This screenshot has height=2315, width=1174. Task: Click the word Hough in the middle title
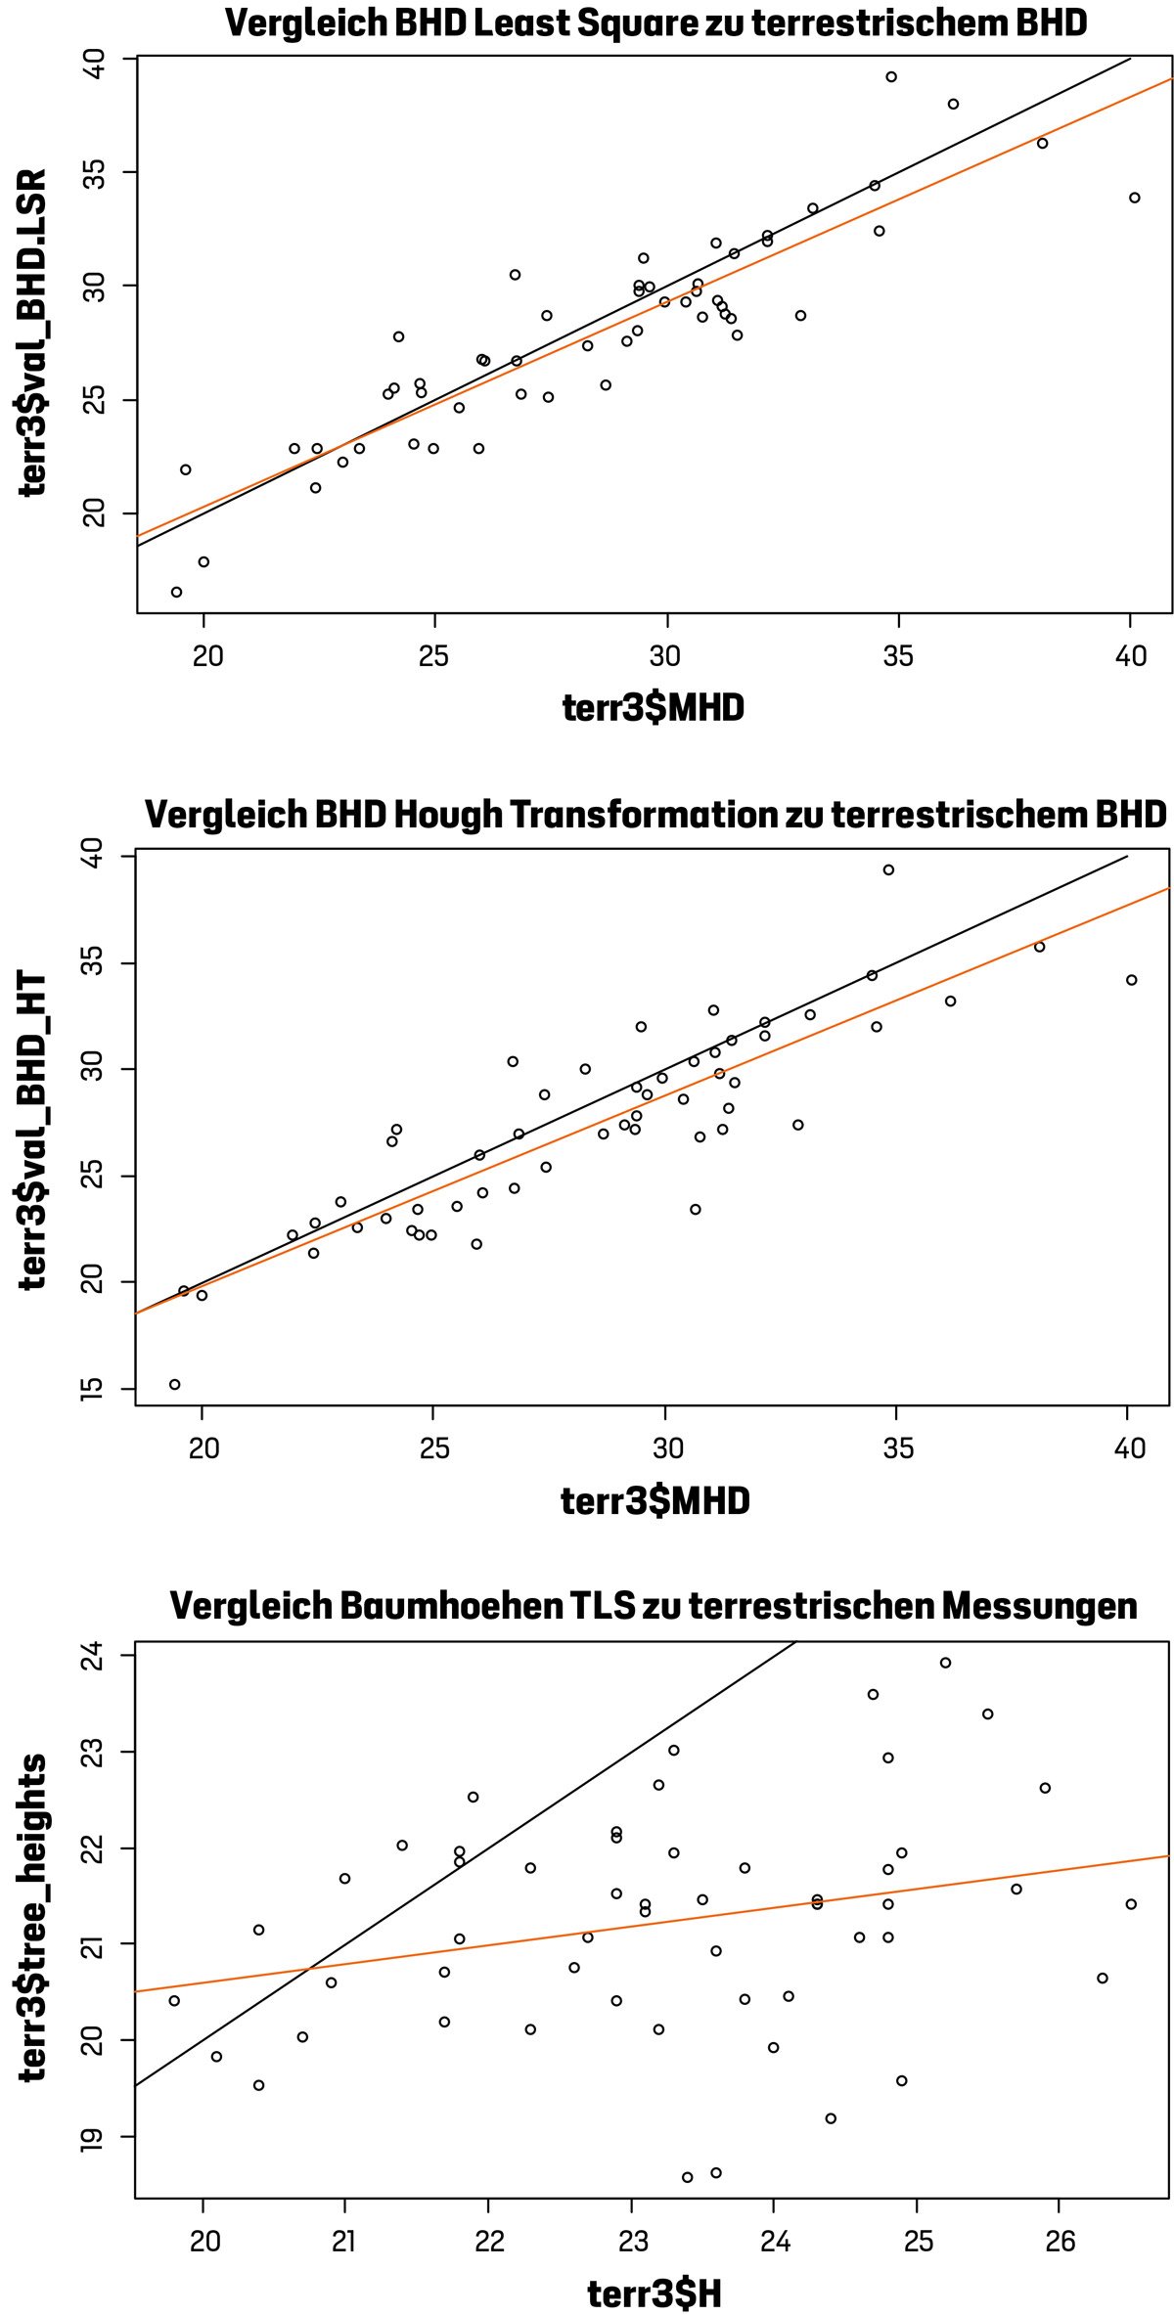447,814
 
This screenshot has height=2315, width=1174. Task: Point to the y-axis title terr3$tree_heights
33,1918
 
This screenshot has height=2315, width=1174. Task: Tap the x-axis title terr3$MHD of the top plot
653,707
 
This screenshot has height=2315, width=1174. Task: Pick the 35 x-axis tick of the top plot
897,655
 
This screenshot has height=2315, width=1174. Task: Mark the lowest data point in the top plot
176,592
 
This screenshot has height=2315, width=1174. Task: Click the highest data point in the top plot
891,76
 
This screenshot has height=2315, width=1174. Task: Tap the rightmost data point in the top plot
1135,198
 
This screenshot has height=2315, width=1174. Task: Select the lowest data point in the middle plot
174,1384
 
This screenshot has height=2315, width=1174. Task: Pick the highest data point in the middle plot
888,869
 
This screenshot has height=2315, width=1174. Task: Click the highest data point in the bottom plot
945,1663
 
